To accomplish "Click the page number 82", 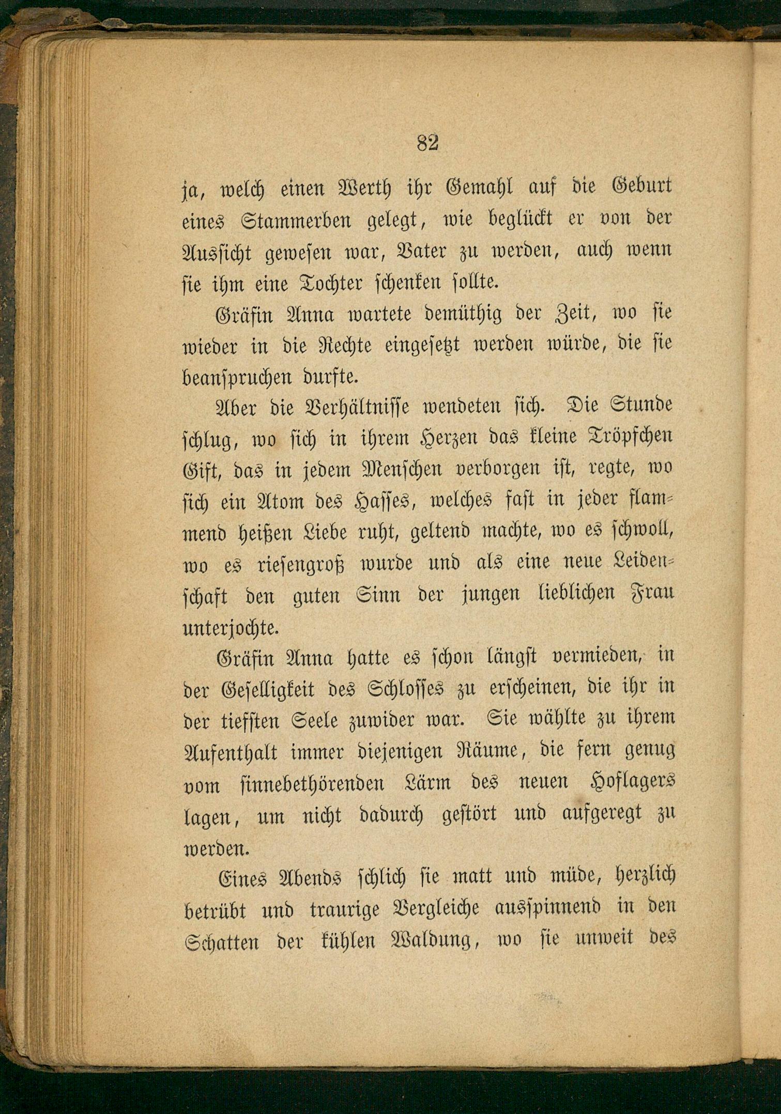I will pyautogui.click(x=427, y=143).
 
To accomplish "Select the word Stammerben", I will pyautogui.click(x=296, y=220).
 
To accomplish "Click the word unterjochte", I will pyautogui.click(x=231, y=627).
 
